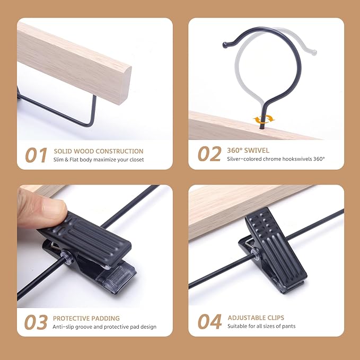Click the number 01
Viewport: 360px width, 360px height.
[37, 155]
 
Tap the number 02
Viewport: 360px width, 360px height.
[209, 154]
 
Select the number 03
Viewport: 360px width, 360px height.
[37, 322]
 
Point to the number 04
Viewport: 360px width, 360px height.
[209, 322]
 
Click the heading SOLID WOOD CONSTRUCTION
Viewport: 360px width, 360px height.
[98, 151]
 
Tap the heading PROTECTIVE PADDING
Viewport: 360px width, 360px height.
[86, 319]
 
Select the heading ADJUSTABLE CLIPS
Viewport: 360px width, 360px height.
[256, 318]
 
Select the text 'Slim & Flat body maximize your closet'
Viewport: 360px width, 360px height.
[98, 160]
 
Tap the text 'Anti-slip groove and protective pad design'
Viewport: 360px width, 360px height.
[104, 327]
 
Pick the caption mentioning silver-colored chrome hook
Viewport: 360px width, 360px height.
[276, 159]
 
